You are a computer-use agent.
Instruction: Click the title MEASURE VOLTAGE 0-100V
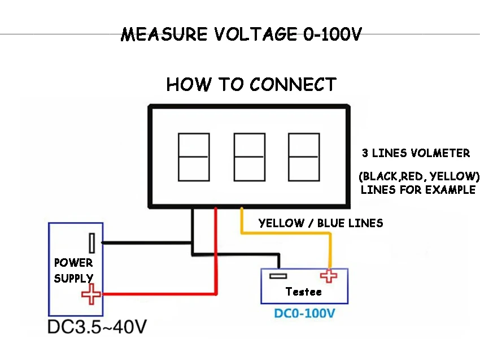241,34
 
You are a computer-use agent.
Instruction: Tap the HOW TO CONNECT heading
251,84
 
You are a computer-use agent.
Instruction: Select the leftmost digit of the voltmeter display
194,157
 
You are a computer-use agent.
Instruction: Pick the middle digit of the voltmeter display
250,157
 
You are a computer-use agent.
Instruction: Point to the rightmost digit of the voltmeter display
304,157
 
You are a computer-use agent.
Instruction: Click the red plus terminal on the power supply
91,294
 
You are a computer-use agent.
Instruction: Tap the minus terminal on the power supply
92,243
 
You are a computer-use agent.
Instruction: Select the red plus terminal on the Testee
329,276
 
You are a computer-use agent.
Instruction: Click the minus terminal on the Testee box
278,276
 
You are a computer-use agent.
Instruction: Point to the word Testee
304,292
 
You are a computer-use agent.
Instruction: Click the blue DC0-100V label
304,314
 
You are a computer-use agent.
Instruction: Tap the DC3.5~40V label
97,327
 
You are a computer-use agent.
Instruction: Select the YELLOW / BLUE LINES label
321,223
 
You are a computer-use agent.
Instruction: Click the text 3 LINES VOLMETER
416,153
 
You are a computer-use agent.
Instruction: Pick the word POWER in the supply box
73,263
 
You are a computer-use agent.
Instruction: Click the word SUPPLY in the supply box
73,278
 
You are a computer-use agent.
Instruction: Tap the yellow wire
286,233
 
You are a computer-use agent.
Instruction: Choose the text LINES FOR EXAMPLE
418,190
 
